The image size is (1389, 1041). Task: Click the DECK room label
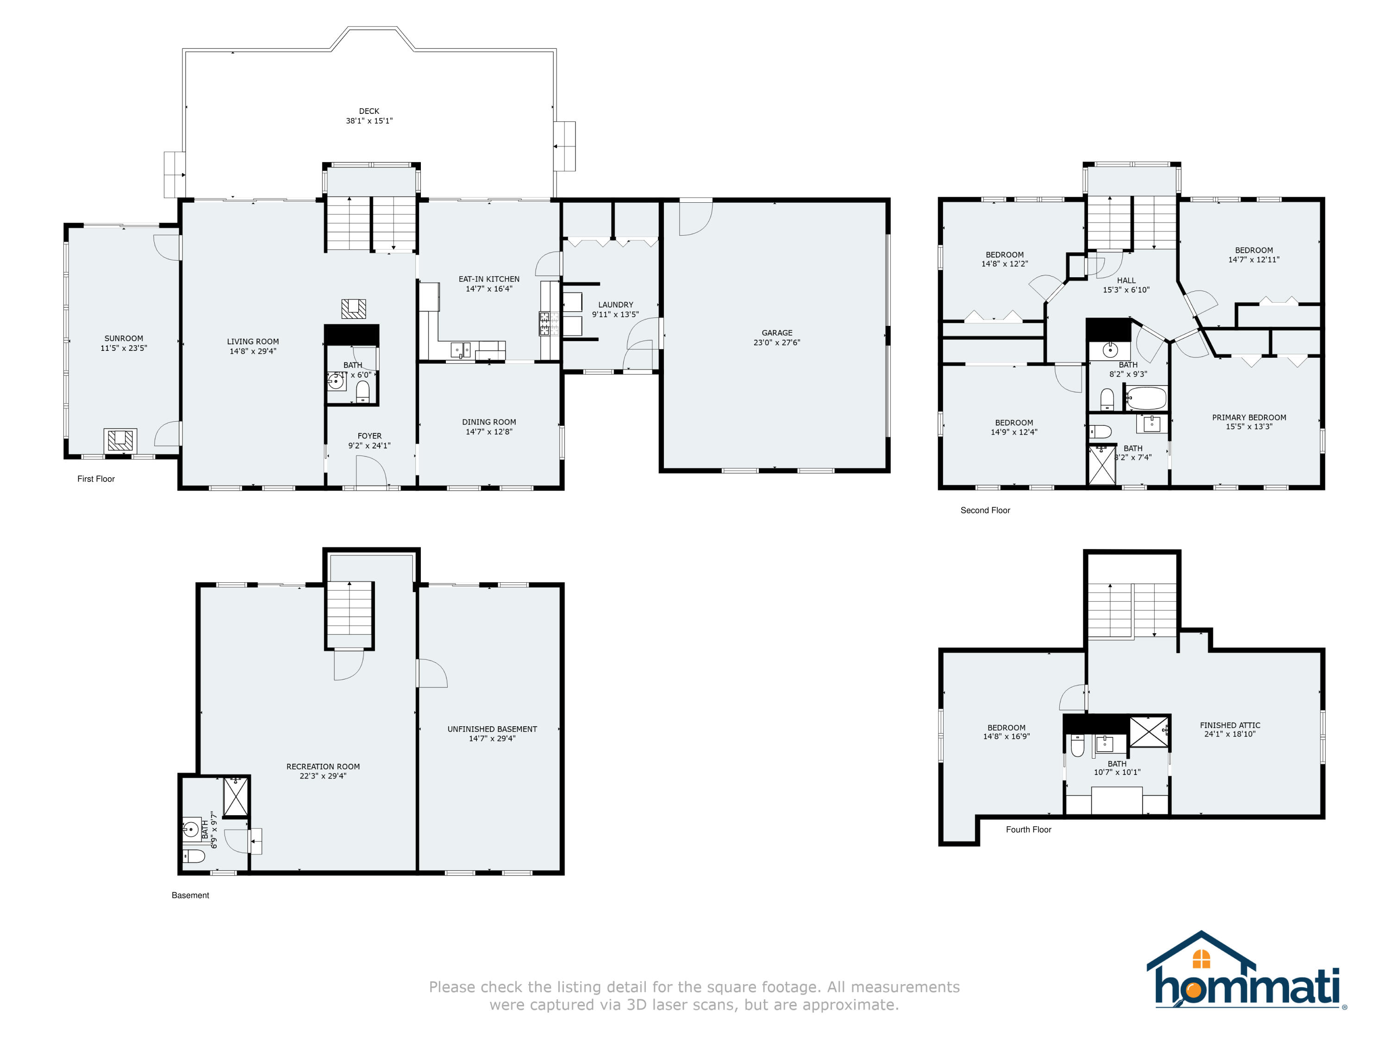369,111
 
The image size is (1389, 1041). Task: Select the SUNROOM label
124,338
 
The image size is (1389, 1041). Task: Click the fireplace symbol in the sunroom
120,440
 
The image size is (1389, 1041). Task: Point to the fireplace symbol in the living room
354,308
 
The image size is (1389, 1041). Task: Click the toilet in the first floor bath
363,392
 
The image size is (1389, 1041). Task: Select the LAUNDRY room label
615,305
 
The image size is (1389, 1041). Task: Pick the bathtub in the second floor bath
1146,398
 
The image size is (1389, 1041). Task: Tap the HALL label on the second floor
1126,281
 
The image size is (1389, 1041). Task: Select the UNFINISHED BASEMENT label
492,729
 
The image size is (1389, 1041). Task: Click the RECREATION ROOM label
323,767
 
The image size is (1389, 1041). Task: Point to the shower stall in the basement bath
236,796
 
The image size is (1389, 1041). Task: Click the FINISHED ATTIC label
1230,725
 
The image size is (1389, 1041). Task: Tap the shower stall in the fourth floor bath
1149,731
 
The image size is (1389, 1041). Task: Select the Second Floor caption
985,511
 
